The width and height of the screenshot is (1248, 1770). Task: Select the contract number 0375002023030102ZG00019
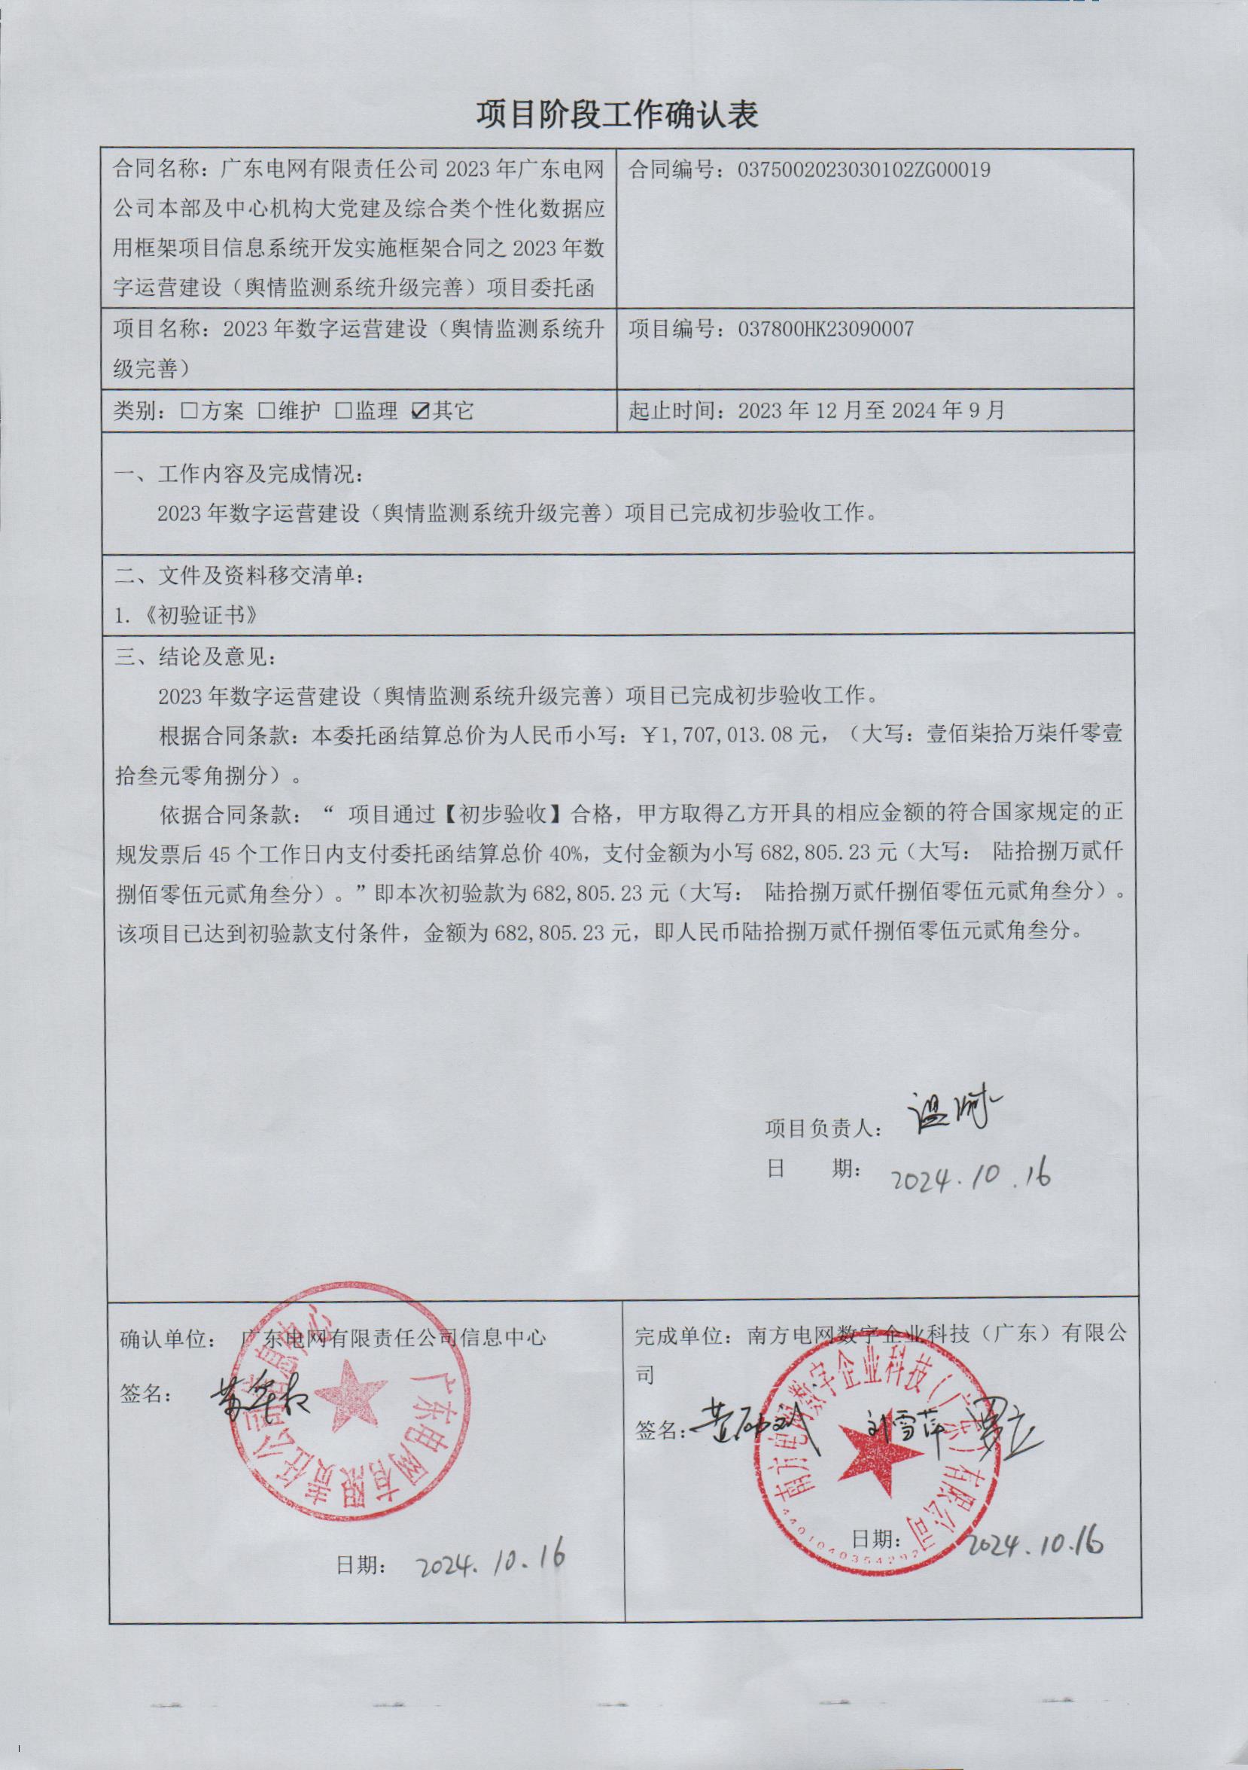[x=863, y=169]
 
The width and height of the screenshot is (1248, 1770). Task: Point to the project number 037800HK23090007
[x=826, y=329]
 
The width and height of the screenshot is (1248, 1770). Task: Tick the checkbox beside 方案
[x=188, y=411]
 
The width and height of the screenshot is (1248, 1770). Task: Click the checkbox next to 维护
[x=266, y=411]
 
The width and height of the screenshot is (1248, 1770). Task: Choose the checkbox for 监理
[x=343, y=411]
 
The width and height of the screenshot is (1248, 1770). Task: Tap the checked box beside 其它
[x=421, y=411]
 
